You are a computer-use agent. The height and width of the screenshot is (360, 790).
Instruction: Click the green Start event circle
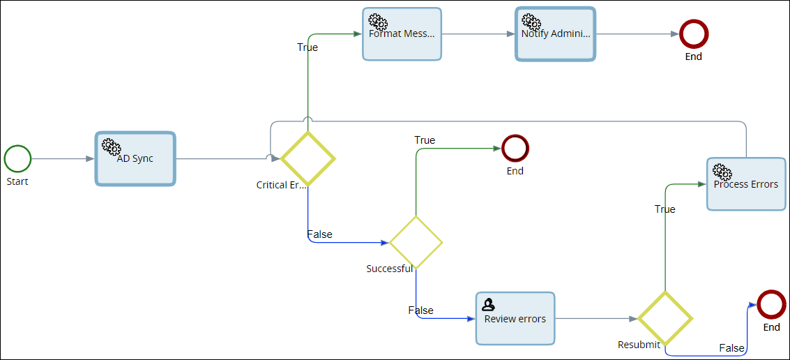pyautogui.click(x=17, y=158)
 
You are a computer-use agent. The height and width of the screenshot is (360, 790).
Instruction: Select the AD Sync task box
pyautogui.click(x=135, y=159)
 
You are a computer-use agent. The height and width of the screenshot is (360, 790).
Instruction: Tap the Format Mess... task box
pyautogui.click(x=402, y=34)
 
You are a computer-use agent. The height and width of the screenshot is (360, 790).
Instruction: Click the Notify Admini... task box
pyautogui.click(x=555, y=34)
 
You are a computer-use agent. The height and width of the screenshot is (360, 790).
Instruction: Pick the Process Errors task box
pyautogui.click(x=746, y=184)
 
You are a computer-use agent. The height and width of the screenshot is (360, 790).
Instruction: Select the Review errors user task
pyautogui.click(x=515, y=319)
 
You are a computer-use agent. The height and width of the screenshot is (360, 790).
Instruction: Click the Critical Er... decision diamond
pyautogui.click(x=307, y=158)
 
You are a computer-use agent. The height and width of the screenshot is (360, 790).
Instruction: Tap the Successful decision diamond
pyautogui.click(x=416, y=242)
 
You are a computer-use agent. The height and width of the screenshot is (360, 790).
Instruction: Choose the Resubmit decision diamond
pyautogui.click(x=665, y=318)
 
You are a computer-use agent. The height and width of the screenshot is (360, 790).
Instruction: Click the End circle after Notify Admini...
pyautogui.click(x=694, y=33)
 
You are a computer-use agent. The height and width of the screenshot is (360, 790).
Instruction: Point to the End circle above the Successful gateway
pyautogui.click(x=515, y=148)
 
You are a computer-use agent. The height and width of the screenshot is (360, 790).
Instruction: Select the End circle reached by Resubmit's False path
pyautogui.click(x=771, y=304)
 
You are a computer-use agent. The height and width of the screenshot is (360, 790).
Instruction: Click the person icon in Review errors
pyautogui.click(x=489, y=303)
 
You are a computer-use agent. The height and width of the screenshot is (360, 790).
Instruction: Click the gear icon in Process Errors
pyautogui.click(x=722, y=171)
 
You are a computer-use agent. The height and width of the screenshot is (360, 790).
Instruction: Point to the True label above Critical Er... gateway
pyautogui.click(x=307, y=47)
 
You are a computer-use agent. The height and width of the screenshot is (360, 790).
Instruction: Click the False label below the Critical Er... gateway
pyautogui.click(x=320, y=234)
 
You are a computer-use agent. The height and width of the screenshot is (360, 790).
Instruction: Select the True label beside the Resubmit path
pyautogui.click(x=664, y=209)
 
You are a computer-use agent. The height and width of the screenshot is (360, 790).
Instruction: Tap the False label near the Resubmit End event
pyautogui.click(x=731, y=348)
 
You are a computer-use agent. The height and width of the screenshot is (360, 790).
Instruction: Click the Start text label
pyautogui.click(x=17, y=181)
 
